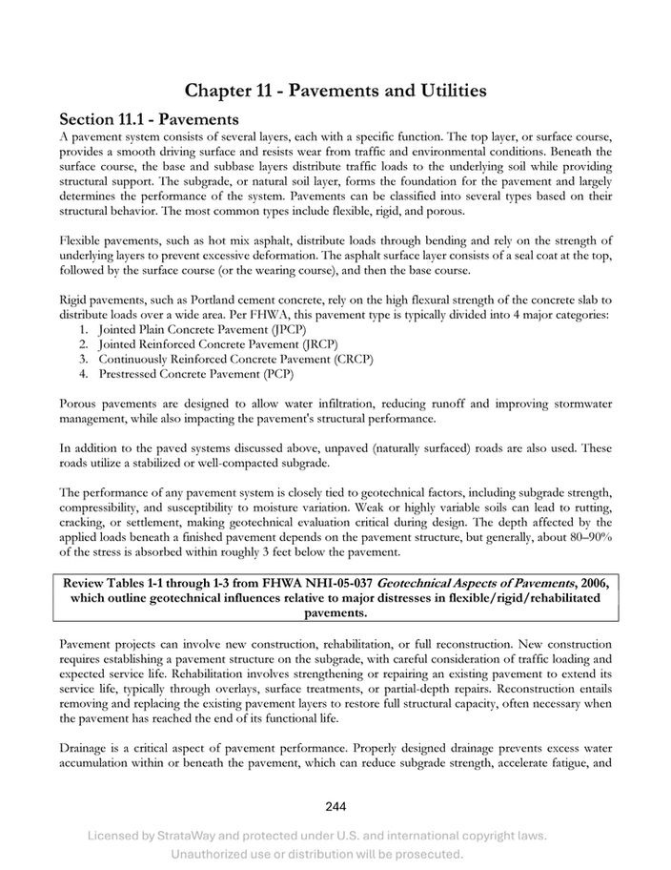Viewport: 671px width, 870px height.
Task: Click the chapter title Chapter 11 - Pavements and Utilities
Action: pos(335,91)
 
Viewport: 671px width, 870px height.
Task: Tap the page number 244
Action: pos(335,806)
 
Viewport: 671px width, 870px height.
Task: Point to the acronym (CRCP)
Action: pos(352,359)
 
